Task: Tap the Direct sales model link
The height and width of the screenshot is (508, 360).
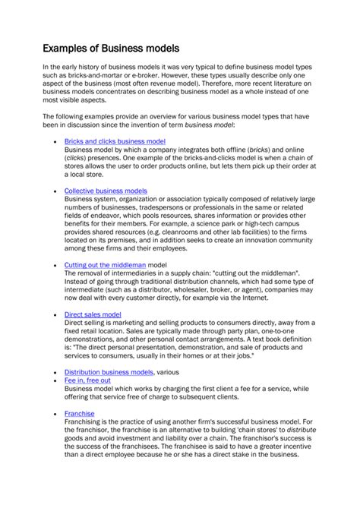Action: (x=93, y=314)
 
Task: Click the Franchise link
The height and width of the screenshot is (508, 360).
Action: (x=80, y=414)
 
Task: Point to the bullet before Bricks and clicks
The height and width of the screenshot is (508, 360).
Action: (x=57, y=142)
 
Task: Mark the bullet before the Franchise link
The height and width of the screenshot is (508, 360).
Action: (x=57, y=415)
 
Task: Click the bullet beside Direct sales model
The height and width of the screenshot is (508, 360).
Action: (x=57, y=314)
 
